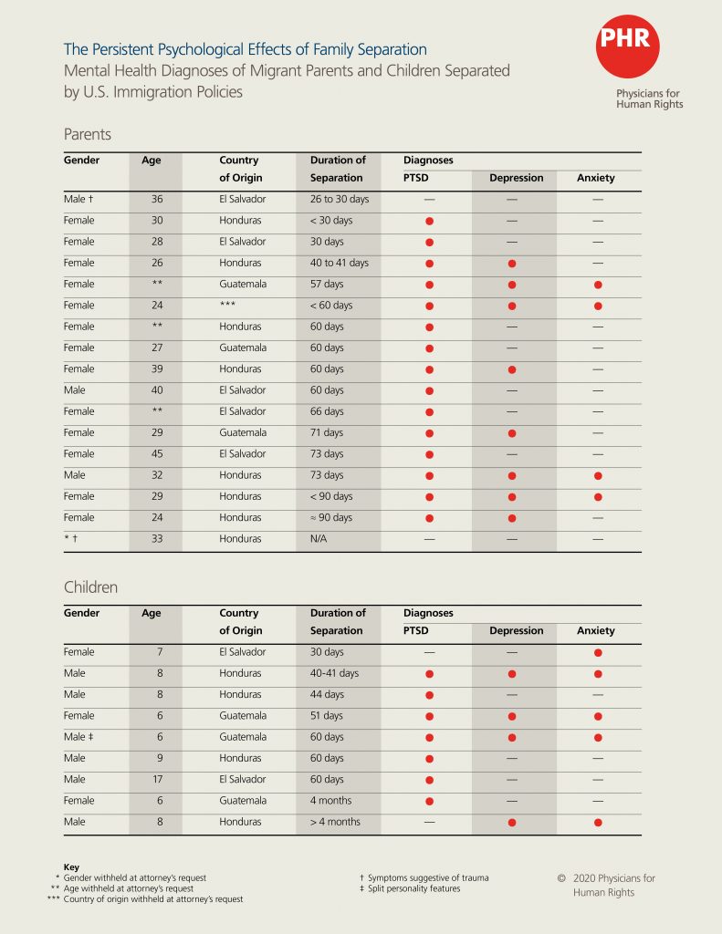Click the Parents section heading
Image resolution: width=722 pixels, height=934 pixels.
click(88, 134)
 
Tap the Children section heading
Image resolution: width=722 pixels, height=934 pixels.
click(90, 587)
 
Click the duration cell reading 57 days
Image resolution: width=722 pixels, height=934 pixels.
click(327, 285)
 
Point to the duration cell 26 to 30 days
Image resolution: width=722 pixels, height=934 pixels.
click(339, 200)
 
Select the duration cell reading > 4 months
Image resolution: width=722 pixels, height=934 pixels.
click(335, 822)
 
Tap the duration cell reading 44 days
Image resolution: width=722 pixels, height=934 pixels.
click(327, 695)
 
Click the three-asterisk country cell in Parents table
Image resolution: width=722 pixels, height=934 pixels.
click(228, 306)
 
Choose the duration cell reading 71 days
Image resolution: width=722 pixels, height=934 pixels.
click(327, 433)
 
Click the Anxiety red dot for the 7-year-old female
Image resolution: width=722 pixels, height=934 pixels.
click(597, 653)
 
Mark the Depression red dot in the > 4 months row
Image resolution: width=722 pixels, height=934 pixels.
click(512, 823)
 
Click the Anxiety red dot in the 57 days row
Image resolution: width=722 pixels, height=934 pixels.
click(597, 285)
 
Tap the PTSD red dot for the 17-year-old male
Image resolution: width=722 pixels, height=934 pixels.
click(429, 781)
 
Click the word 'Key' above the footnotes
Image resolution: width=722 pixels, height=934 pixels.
click(71, 867)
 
